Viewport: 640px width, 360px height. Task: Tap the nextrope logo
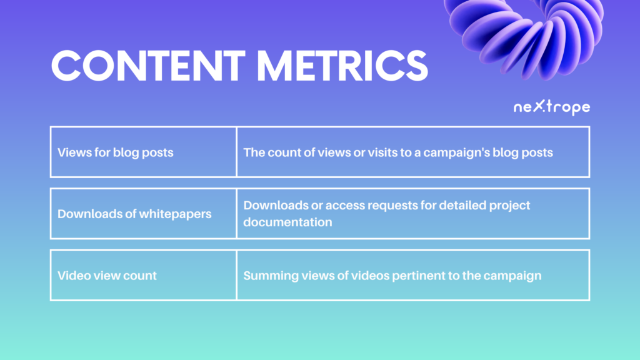pos(551,107)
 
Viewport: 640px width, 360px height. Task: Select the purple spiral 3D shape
pos(524,37)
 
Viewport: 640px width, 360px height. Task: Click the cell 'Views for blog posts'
pos(143,152)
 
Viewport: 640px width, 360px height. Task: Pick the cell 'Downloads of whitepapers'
pos(143,214)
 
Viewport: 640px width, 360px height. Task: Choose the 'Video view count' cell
pos(143,276)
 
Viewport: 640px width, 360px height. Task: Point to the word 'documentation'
pos(287,222)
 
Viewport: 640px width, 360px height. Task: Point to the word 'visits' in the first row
pos(382,152)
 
